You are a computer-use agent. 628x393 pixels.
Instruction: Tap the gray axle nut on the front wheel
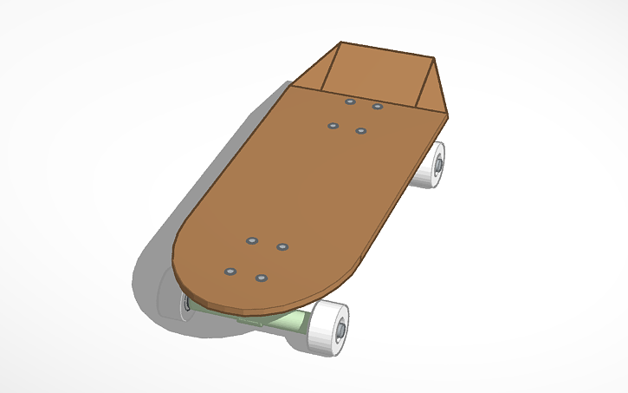point(340,329)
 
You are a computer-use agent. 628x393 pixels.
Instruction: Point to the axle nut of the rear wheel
point(440,162)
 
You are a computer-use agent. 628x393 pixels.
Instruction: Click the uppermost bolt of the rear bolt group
point(350,102)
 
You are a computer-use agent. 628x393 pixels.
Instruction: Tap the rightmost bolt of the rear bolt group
point(378,107)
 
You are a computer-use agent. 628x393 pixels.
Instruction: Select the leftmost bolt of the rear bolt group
point(333,126)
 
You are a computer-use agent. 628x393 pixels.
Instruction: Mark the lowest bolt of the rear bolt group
point(361,131)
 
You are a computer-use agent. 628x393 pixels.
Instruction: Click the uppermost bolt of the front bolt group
point(252,239)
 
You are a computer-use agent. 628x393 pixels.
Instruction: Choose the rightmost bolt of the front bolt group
point(282,247)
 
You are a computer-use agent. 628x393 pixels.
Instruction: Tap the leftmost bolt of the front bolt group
point(230,271)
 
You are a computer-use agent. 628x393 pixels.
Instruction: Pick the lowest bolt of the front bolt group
point(262,278)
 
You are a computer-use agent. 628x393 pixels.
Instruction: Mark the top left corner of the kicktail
point(340,42)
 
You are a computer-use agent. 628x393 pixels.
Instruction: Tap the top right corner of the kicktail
point(433,58)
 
